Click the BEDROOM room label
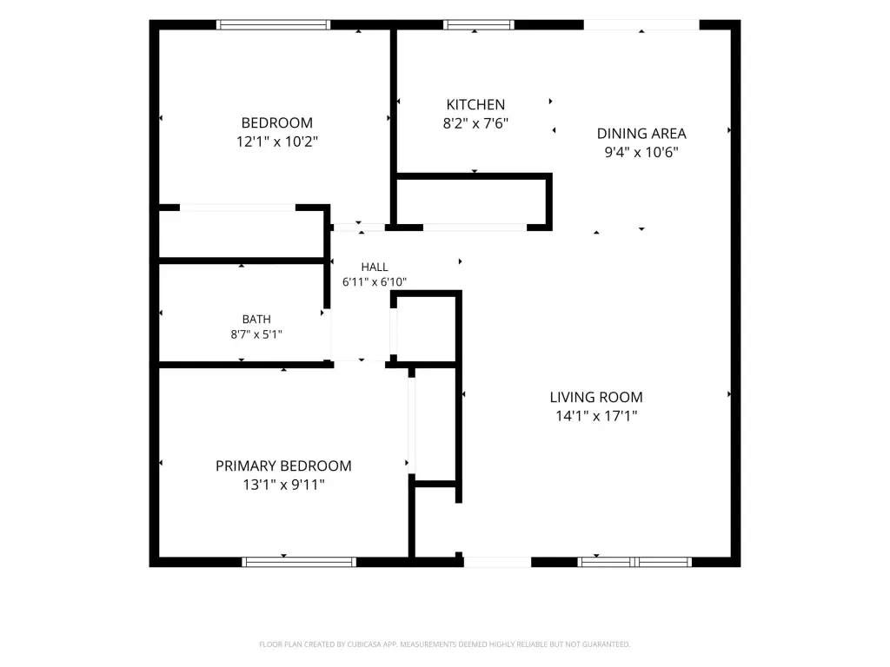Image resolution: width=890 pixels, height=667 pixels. [277, 122]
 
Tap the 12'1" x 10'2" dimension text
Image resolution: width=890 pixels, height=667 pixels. [277, 142]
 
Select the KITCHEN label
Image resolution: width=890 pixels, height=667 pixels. [475, 104]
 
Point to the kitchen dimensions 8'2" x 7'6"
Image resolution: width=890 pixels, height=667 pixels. [475, 123]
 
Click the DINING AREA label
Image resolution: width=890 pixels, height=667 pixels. [641, 133]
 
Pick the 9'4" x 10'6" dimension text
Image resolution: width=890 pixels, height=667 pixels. [641, 152]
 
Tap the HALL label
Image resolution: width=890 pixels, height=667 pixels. [375, 267]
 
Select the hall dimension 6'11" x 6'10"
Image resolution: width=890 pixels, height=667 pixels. [375, 281]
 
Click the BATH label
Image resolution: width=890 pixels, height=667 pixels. [256, 320]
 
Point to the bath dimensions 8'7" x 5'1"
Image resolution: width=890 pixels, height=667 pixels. [256, 334]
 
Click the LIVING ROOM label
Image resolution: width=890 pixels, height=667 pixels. [596, 397]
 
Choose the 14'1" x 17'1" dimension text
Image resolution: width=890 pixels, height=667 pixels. [596, 416]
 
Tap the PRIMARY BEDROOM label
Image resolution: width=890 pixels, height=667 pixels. [283, 466]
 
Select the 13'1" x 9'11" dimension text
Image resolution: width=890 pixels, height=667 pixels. [283, 485]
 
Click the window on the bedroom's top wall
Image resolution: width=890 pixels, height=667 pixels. [273, 24]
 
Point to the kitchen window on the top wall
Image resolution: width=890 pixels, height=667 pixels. [479, 24]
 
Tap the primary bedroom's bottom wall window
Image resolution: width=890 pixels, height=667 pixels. [299, 562]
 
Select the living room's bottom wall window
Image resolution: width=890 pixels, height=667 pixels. [634, 562]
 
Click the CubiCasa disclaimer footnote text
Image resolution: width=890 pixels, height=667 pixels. [444, 644]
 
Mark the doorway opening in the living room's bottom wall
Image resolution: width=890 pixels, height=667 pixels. [497, 562]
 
